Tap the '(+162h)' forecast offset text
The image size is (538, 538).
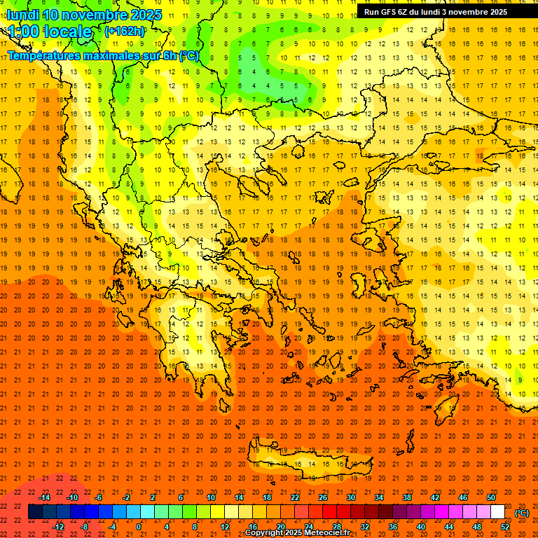click(124, 31)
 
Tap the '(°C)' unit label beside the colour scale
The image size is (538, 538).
click(522, 513)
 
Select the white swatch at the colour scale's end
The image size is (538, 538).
click(497, 512)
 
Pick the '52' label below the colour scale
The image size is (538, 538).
click(505, 526)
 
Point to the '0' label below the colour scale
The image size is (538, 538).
click(139, 526)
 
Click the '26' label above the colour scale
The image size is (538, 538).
click(323, 497)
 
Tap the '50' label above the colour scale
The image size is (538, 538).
click(491, 497)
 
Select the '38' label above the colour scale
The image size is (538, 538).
click(407, 497)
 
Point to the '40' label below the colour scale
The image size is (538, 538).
click(421, 526)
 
